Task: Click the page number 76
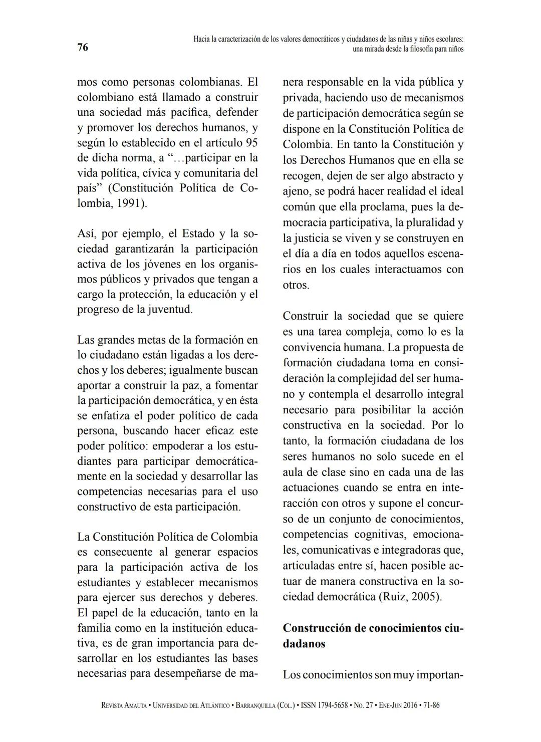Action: tap(83, 48)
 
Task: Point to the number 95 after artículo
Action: tap(248, 143)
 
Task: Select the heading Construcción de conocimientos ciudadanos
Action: tap(373, 635)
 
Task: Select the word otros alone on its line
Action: tap(295, 286)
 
